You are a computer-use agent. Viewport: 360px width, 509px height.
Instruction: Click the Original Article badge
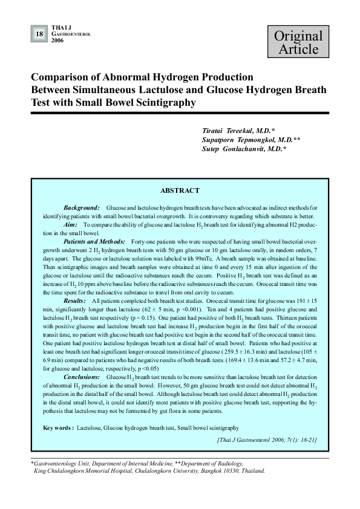298,42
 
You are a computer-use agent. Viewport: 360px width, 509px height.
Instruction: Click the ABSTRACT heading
180,190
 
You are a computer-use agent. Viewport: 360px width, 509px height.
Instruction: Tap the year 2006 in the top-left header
57,41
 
